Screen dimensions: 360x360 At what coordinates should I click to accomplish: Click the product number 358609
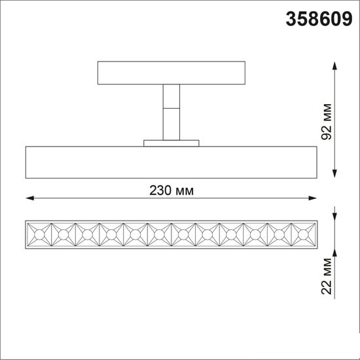click(x=319, y=19)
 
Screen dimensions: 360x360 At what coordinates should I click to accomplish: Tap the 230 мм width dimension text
click(x=171, y=190)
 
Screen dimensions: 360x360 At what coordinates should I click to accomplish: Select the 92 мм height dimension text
click(x=326, y=122)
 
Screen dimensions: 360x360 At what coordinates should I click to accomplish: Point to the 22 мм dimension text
click(x=326, y=276)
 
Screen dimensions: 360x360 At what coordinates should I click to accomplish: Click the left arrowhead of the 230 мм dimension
click(x=30, y=198)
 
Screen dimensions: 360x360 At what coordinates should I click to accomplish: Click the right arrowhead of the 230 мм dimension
click(x=313, y=198)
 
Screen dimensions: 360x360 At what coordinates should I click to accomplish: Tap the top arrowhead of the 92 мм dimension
click(x=334, y=65)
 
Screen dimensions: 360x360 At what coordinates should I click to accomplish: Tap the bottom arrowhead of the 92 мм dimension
click(x=334, y=174)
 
